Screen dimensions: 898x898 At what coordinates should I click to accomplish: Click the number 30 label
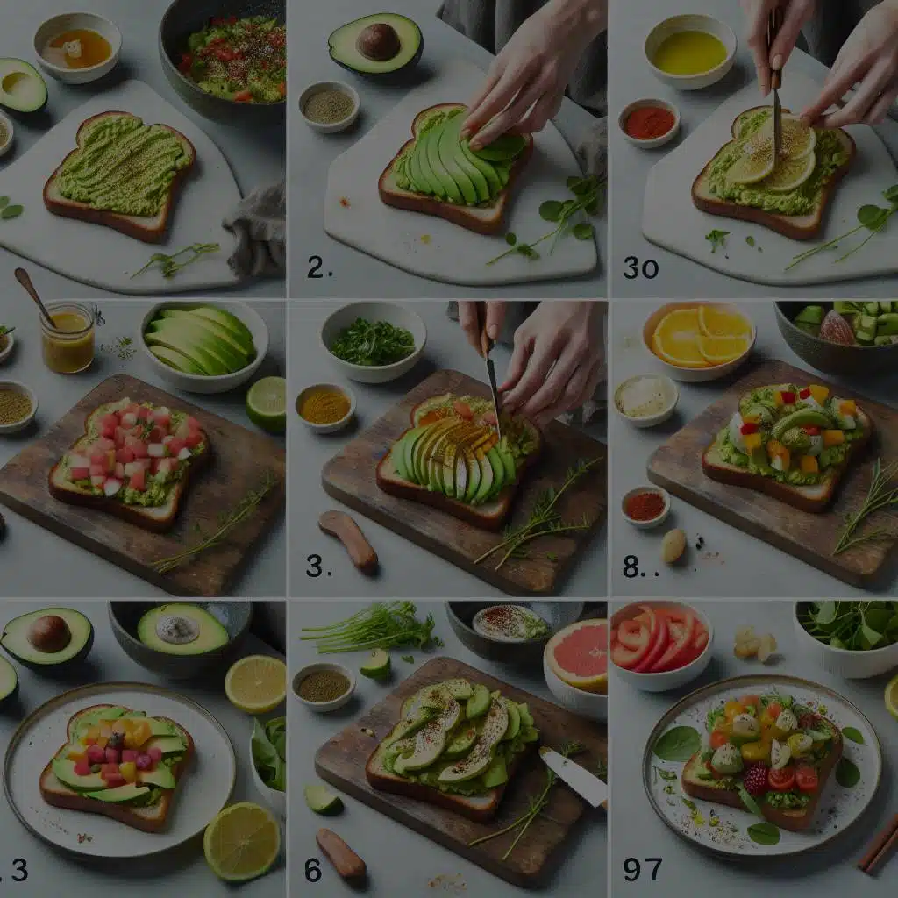pos(641,268)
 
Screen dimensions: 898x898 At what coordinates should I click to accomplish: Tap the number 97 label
pos(643,869)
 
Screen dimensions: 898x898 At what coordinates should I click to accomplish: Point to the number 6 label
pos(313,870)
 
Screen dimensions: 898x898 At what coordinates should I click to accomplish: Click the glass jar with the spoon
pos(68,337)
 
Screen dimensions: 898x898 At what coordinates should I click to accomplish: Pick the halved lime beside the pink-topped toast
pos(267,403)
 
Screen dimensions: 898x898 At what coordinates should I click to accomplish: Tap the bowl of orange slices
pos(699,340)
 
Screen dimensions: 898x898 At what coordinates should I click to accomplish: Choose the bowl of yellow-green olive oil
pos(690,52)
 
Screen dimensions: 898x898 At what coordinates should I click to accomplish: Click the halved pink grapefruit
pos(576,656)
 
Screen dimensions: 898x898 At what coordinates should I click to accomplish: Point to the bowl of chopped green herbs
pos(374,342)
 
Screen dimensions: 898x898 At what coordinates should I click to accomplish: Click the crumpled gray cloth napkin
pos(257,230)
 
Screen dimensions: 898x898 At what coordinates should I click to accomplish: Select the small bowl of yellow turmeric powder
pos(324,407)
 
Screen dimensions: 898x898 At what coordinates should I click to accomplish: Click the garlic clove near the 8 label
pos(673,545)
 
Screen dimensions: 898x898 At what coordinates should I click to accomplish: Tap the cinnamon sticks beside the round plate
pos(879,845)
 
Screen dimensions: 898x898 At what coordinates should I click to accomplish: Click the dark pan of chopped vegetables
pos(224,60)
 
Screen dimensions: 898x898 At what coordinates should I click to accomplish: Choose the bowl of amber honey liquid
pos(78,48)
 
